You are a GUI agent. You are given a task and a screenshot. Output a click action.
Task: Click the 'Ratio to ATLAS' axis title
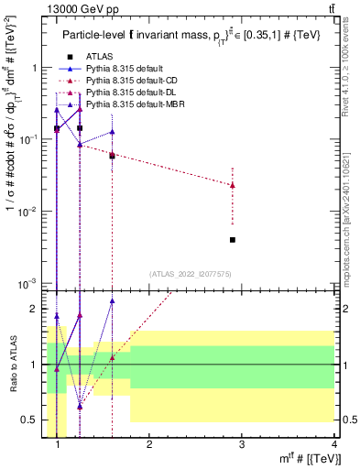12,365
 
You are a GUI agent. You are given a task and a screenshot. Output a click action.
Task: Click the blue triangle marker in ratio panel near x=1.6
112,300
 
